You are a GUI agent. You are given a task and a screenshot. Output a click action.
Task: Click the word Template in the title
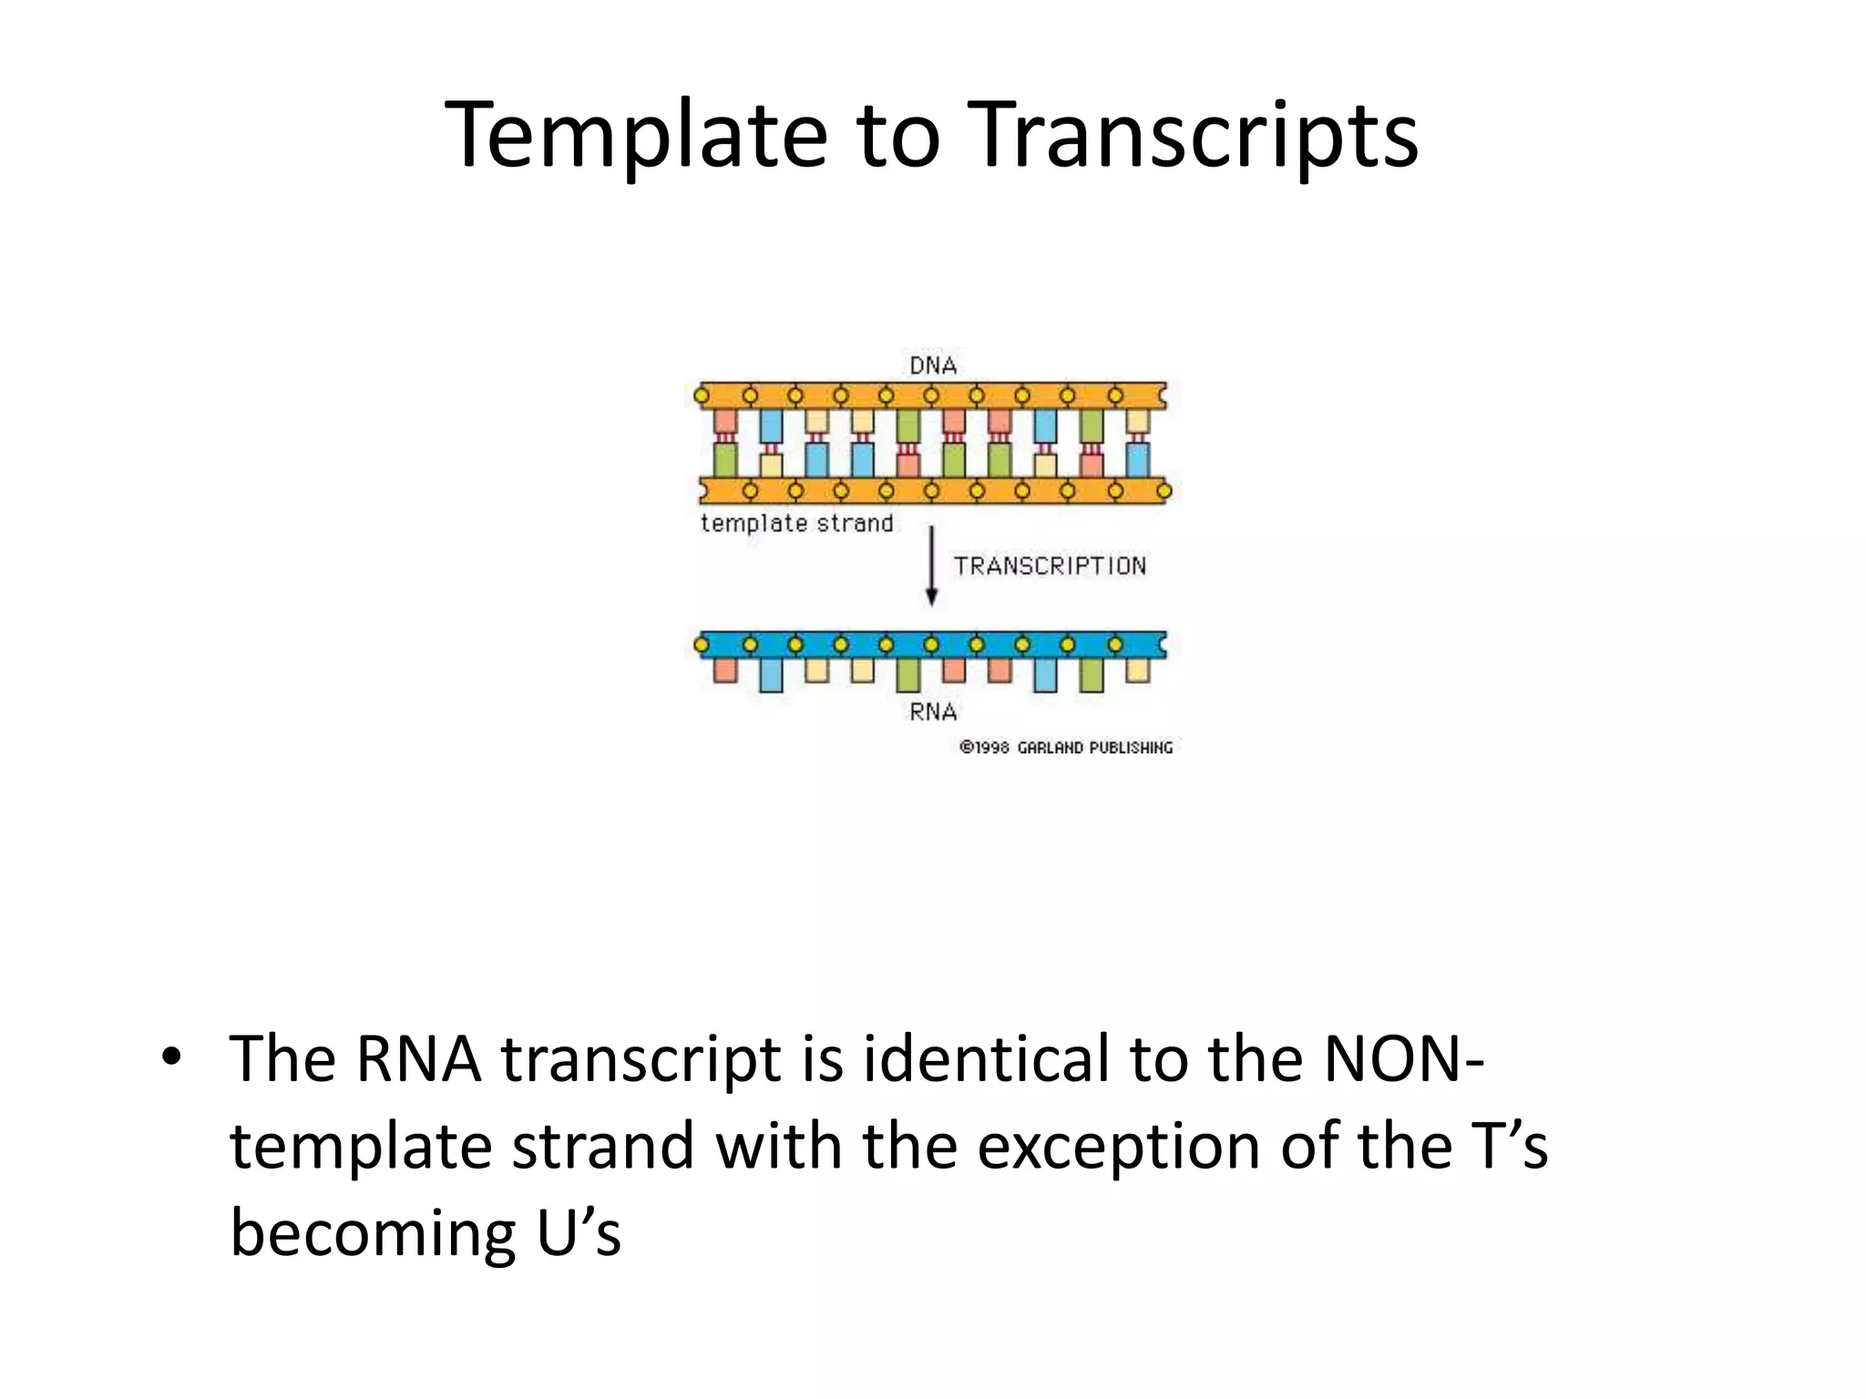pyautogui.click(x=635, y=135)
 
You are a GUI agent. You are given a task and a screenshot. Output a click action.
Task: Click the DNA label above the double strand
pyautogui.click(x=933, y=365)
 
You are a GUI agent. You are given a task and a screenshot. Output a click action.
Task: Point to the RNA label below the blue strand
pyautogui.click(x=933, y=711)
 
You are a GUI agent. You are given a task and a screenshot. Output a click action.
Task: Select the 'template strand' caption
pyautogui.click(x=796, y=524)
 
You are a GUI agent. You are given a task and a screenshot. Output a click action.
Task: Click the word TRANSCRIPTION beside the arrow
pyautogui.click(x=1050, y=566)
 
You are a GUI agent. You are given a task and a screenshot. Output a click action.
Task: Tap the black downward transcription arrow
pyautogui.click(x=931, y=567)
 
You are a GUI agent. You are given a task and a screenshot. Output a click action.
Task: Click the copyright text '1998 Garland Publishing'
pyautogui.click(x=1066, y=748)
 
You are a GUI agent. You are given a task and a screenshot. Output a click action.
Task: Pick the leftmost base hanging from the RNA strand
pyautogui.click(x=725, y=670)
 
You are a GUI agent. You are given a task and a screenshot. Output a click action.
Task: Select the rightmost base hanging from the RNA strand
pyautogui.click(x=1137, y=670)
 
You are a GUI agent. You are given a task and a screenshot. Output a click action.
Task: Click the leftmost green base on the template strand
pyautogui.click(x=725, y=459)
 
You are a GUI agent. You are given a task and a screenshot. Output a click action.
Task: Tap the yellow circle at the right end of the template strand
pyautogui.click(x=1164, y=492)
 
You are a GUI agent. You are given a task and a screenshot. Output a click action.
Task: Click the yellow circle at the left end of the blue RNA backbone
pyautogui.click(x=701, y=645)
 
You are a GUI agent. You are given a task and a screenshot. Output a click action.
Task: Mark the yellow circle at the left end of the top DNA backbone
pyautogui.click(x=701, y=396)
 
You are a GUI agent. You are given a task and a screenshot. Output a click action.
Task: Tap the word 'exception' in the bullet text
pyautogui.click(x=1119, y=1146)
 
